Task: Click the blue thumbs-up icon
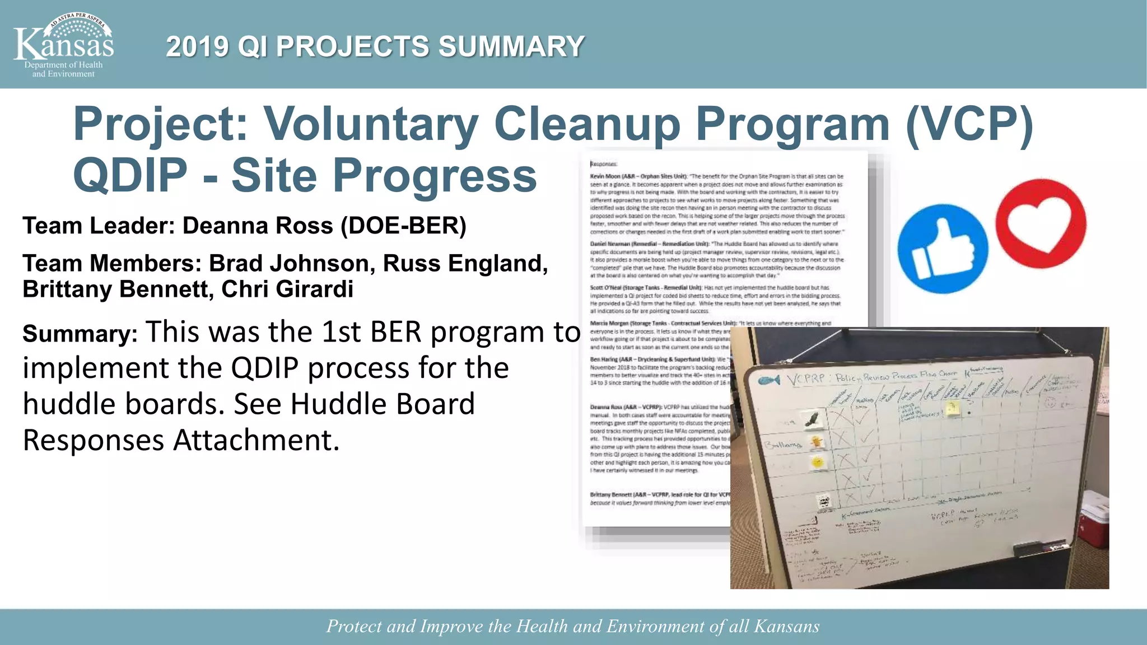[942, 249]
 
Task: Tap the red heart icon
[1041, 224]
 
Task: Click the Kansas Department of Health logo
[63, 45]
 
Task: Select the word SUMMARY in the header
[511, 46]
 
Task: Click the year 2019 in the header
[197, 46]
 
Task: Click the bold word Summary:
[80, 334]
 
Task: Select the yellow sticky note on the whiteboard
[952, 409]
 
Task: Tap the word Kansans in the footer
[786, 626]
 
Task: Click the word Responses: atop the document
[603, 164]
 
